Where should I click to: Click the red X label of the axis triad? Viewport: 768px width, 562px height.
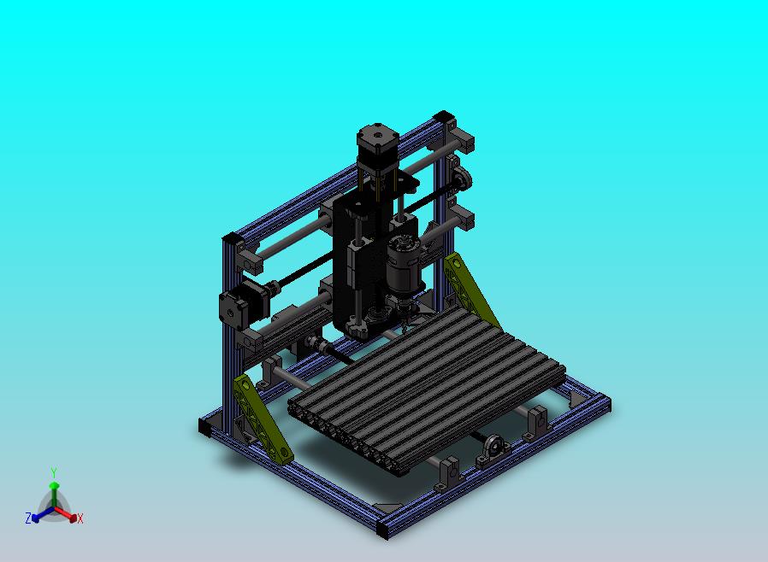pos(80,519)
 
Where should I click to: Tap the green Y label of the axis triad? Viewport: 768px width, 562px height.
pos(54,472)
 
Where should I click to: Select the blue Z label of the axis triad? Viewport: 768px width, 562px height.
pos(28,518)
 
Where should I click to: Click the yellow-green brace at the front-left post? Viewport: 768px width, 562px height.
pos(262,419)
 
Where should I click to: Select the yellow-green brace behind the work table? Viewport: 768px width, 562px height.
pos(470,289)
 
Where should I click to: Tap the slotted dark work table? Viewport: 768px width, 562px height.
pos(427,386)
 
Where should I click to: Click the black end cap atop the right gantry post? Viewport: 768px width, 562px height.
pos(444,118)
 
